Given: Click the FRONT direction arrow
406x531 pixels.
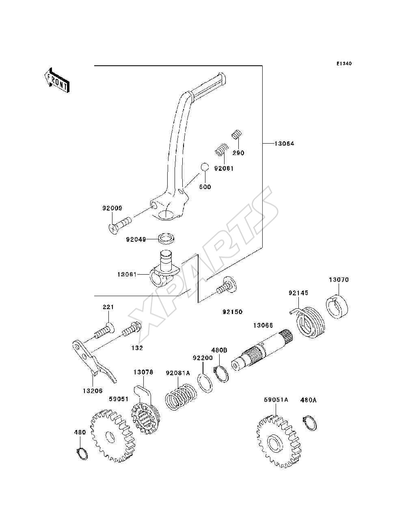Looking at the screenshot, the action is [57, 80].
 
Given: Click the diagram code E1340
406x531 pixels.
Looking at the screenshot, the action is [344, 64].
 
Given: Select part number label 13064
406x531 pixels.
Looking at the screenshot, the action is [284, 144].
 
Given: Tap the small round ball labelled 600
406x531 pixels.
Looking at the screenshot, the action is [205, 167].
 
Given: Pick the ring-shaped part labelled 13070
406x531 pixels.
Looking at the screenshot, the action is [337, 307].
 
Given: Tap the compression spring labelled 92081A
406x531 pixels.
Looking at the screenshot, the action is [181, 397].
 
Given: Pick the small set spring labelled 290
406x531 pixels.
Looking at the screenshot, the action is [237, 135].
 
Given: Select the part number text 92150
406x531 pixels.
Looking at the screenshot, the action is [232, 312].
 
